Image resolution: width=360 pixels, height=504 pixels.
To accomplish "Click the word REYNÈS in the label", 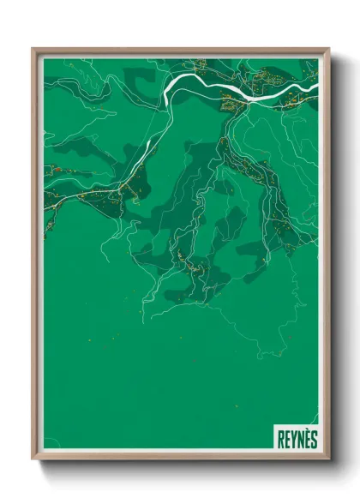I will tap(297, 440).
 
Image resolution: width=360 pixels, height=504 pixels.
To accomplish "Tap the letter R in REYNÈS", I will tap(280, 440).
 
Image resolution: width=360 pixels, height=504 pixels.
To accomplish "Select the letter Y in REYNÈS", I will tap(292, 440).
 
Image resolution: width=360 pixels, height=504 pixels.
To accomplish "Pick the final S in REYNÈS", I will tap(313, 440).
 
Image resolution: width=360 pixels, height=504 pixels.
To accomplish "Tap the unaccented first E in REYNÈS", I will tap(286, 440).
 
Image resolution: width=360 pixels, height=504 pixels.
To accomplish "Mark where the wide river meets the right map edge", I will tap(317, 85).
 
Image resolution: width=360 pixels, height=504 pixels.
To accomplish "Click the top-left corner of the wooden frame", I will tap(33, 49).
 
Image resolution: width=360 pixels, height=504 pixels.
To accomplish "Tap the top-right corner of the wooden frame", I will tap(328, 49).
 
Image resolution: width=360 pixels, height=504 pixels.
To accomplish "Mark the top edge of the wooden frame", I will tap(180, 50).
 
